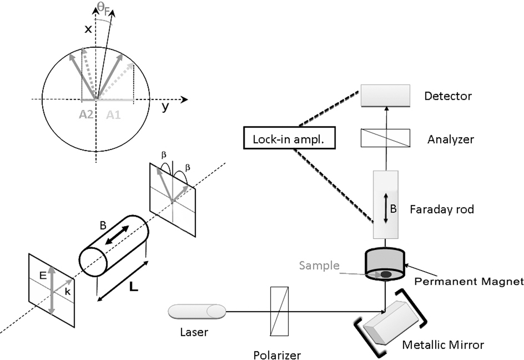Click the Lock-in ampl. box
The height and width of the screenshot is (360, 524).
click(289, 139)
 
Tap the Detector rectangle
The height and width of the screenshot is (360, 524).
click(385, 96)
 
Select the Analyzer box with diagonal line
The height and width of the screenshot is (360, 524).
click(385, 138)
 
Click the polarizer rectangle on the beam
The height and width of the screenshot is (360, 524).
click(279, 311)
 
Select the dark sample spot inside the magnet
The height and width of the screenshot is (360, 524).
click(386, 275)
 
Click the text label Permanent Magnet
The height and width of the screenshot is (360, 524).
click(468, 281)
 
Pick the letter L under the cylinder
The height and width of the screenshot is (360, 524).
click(133, 287)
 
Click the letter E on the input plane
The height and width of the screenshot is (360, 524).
click(43, 276)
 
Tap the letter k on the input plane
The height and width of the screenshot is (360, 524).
click(67, 292)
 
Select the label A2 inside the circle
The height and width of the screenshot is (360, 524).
click(86, 114)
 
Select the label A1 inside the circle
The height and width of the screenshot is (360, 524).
click(113, 115)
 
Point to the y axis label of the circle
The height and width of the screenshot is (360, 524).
click(165, 107)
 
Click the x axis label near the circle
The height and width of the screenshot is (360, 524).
click(88, 28)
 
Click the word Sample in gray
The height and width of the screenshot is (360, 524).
click(319, 265)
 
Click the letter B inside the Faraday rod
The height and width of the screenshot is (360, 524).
click(393, 209)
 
